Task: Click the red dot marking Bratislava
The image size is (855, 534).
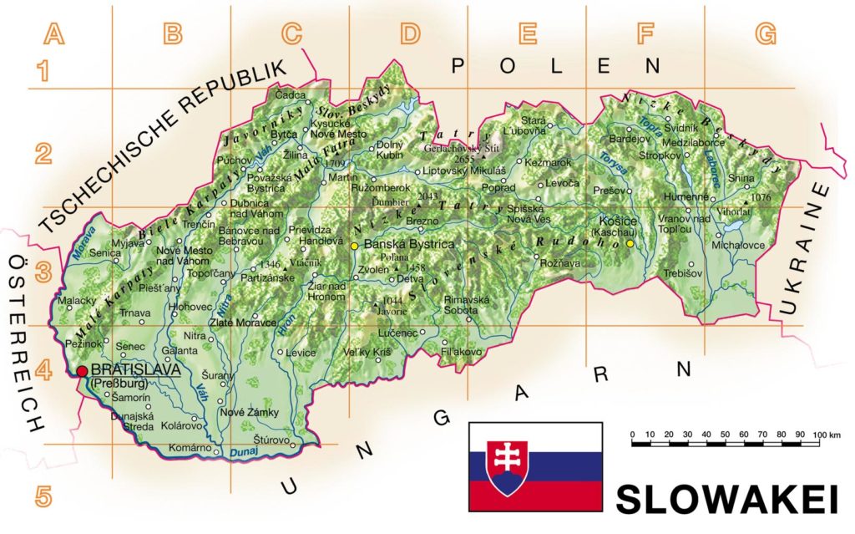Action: pyautogui.click(x=82, y=371)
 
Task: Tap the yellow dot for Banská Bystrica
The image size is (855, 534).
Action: pyautogui.click(x=354, y=246)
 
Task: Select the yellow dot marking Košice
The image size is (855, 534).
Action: pyautogui.click(x=630, y=244)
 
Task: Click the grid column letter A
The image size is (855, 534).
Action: pyautogui.click(x=53, y=34)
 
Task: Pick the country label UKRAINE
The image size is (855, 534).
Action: pyautogui.click(x=806, y=251)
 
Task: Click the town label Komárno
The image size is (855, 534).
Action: pyautogui.click(x=185, y=449)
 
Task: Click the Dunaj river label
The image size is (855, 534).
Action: pyautogui.click(x=240, y=452)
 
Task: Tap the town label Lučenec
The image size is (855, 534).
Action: pyautogui.click(x=397, y=333)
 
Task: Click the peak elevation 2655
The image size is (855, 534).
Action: pyautogui.click(x=463, y=158)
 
